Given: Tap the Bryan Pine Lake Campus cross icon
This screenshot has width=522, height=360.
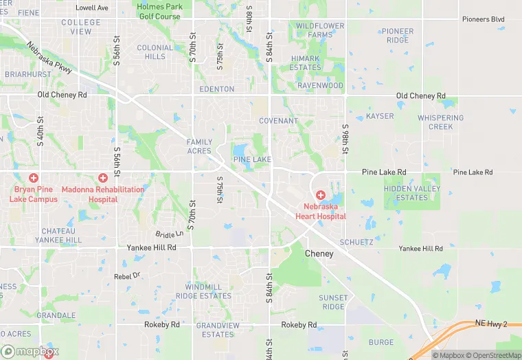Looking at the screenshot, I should click(x=34, y=178).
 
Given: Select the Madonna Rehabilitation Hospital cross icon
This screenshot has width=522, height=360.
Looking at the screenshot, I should click(x=103, y=178).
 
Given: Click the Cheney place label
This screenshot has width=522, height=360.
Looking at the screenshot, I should click(x=319, y=254).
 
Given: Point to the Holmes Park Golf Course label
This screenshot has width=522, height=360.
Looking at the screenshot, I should click(x=159, y=12).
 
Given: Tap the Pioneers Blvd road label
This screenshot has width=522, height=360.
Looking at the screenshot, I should click(x=483, y=19).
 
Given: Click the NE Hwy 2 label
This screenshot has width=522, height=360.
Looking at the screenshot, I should click(x=490, y=323).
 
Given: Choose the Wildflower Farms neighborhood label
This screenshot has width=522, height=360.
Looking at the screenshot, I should click(x=319, y=30).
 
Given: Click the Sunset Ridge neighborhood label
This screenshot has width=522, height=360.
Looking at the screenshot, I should click(x=333, y=302).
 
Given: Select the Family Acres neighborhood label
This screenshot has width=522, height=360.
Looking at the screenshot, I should click(x=199, y=146).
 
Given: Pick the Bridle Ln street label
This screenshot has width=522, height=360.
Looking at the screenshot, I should click(x=169, y=234).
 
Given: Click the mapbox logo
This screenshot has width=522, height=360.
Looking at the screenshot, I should click(x=30, y=351).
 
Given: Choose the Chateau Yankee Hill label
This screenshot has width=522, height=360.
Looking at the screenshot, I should click(x=62, y=236).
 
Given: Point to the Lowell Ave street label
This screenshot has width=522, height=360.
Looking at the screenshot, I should click(x=92, y=8).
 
